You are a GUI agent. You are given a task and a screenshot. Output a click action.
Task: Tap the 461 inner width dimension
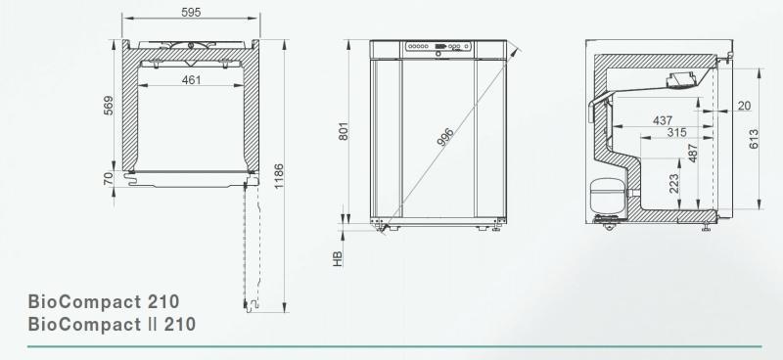click(191, 80)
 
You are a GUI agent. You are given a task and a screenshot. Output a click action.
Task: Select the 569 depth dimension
click(109, 107)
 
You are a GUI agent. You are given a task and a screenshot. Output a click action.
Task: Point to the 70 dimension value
click(109, 178)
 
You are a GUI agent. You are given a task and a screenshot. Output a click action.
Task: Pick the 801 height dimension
click(344, 131)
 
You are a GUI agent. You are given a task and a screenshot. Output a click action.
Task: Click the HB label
click(337, 258)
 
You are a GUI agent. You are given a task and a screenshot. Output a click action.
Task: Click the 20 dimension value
click(745, 105)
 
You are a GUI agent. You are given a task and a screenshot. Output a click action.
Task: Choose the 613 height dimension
click(754, 139)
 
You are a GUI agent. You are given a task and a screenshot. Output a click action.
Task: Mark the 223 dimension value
click(675, 183)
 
